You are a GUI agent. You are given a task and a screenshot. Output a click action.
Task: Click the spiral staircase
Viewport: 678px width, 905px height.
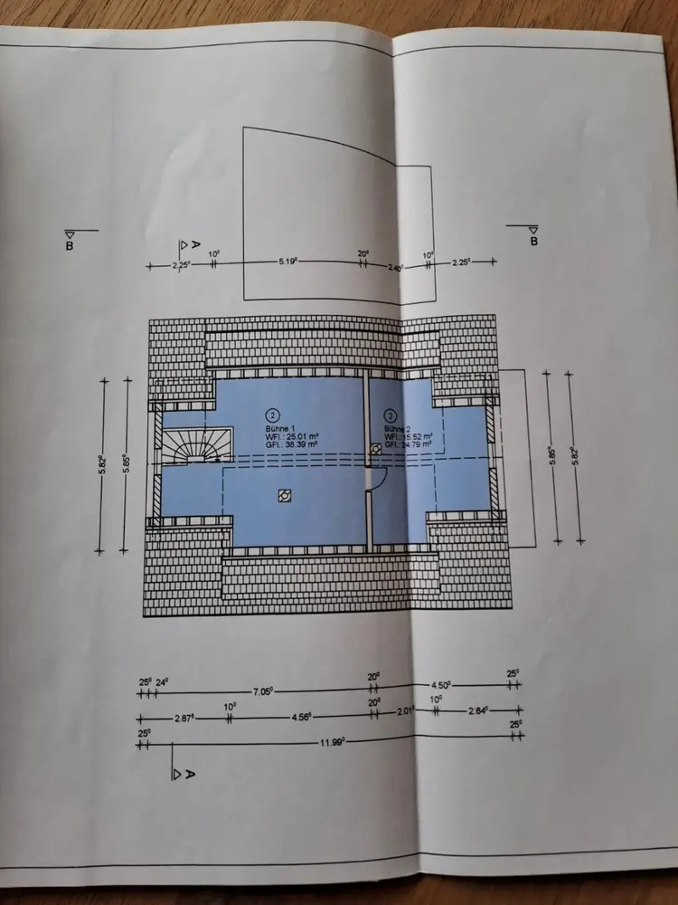pyautogui.click(x=193, y=445)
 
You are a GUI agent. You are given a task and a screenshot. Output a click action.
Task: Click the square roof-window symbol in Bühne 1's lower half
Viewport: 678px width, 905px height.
pyautogui.click(x=284, y=495)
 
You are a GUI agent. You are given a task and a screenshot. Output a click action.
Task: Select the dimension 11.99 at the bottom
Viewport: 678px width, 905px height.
pyautogui.click(x=328, y=742)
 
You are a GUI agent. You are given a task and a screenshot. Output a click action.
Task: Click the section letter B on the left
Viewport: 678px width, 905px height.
pyautogui.click(x=70, y=244)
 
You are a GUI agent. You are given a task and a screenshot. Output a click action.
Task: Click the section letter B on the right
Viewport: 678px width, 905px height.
pyautogui.click(x=533, y=242)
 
